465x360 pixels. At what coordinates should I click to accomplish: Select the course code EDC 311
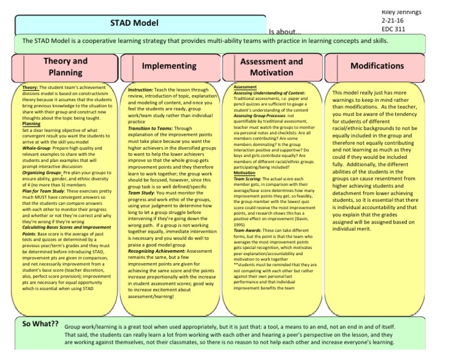coord(394,28)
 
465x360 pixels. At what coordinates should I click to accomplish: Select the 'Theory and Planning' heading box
coord(65,66)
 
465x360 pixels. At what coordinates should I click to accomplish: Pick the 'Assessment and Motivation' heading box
coord(272,67)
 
